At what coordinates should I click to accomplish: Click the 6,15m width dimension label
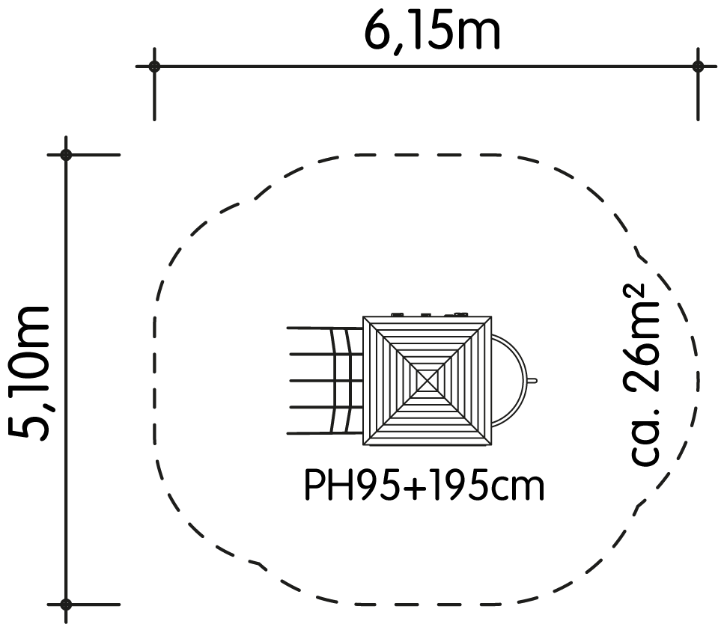[x=432, y=33]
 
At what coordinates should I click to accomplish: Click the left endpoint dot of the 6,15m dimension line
[x=154, y=67]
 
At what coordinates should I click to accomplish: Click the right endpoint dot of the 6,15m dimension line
[x=698, y=67]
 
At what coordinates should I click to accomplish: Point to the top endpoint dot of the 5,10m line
[x=66, y=155]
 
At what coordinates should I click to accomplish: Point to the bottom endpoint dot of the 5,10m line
[x=66, y=605]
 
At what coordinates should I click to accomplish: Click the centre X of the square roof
[x=428, y=380]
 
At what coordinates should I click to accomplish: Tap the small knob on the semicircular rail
[x=532, y=380]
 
